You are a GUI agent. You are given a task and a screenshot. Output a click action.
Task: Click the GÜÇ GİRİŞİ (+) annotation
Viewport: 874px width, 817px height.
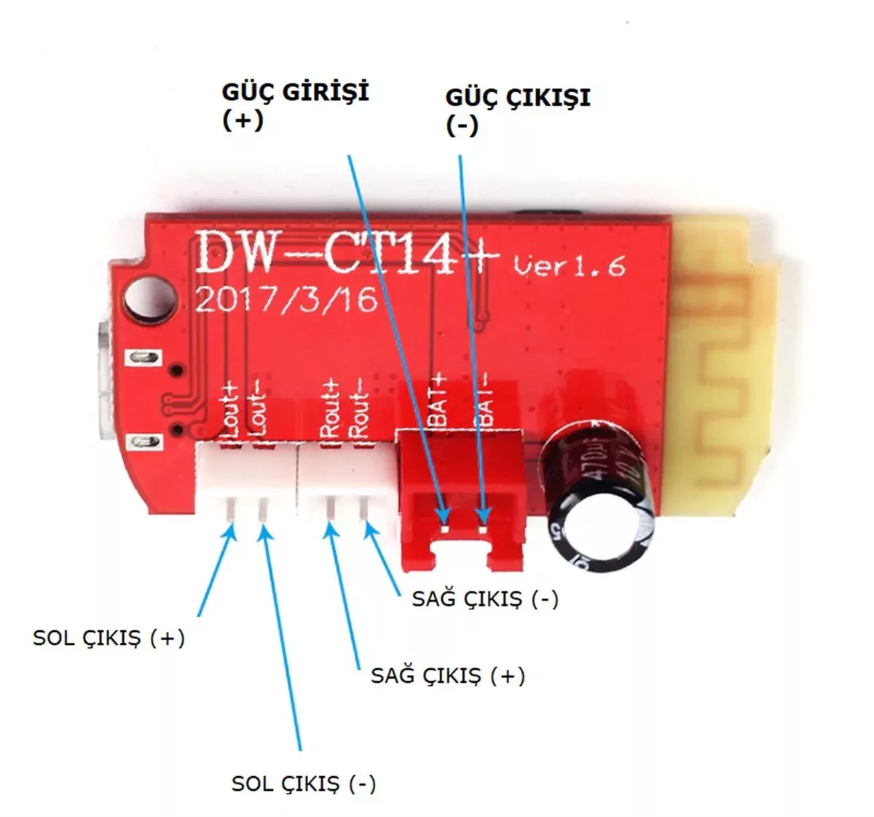coord(295,105)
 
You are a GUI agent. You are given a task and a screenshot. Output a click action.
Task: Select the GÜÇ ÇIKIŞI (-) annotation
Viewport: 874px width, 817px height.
coord(517,110)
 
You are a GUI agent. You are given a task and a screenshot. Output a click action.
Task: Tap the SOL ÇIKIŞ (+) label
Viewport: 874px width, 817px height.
coord(109,638)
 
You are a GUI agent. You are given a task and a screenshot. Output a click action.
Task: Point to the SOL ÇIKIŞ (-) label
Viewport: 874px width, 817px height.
coord(304,784)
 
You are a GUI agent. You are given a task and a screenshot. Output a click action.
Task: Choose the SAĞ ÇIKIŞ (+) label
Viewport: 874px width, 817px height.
coord(448,676)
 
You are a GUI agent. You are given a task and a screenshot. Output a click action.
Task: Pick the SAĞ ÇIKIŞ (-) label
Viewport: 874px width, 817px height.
coord(485,599)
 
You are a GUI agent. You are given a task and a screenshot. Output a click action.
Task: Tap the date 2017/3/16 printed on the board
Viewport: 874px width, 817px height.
coord(286,300)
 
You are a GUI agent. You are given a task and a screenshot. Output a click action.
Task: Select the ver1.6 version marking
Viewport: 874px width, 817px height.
coord(569,265)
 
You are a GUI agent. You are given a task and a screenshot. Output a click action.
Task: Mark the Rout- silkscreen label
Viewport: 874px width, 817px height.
coord(360,410)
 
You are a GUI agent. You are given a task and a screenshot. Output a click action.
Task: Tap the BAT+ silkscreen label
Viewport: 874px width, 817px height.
coord(440,401)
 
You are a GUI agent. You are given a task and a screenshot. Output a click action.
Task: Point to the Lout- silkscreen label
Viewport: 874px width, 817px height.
coord(257,410)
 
